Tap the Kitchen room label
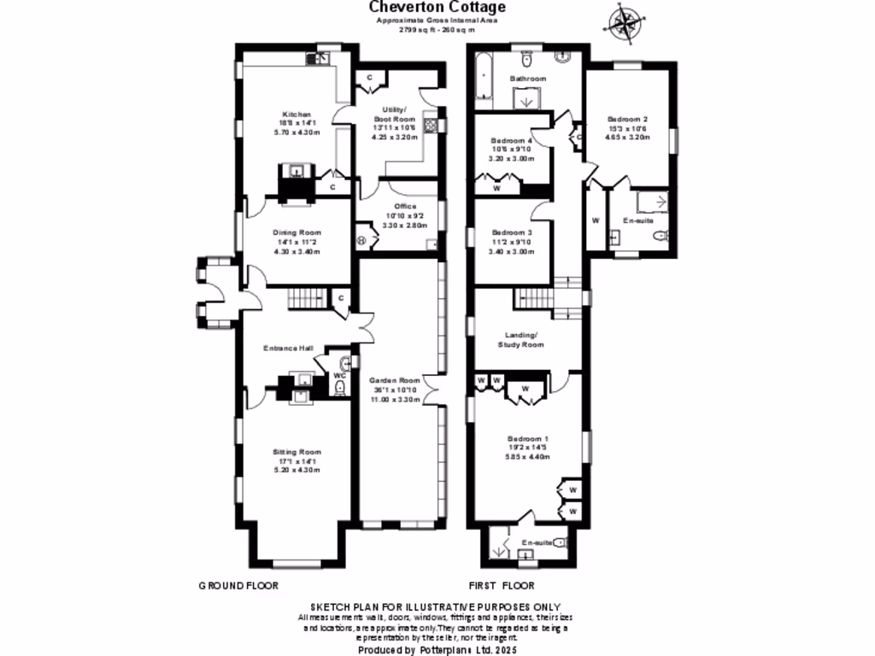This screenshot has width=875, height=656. (297, 114)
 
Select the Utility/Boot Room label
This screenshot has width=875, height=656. (394, 114)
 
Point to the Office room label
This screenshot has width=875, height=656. (404, 206)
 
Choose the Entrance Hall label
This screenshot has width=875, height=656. (288, 348)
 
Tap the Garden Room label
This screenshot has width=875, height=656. (393, 380)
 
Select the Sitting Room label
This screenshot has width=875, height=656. (297, 452)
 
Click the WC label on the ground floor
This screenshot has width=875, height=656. (339, 375)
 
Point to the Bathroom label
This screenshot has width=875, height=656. (527, 79)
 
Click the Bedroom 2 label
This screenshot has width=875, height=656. (628, 119)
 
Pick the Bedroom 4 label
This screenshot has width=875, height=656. (512, 141)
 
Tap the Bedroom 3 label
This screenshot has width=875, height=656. (512, 232)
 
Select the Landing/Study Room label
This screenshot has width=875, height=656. (521, 340)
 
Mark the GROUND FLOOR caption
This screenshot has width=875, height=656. (238, 586)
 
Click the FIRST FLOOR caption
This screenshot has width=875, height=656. (502, 586)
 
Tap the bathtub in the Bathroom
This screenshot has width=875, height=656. (484, 76)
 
